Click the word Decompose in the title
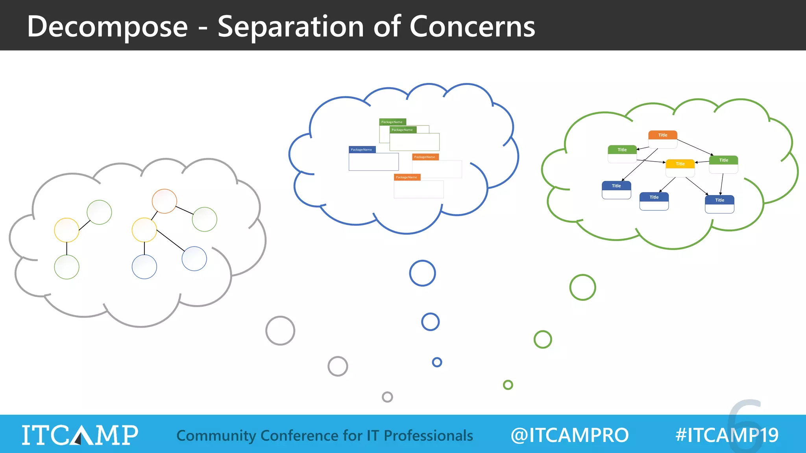[x=107, y=27]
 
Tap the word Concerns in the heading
[x=472, y=27]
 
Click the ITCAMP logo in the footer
[x=80, y=435]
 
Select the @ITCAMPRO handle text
[x=569, y=435]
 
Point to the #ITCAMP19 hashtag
[x=727, y=435]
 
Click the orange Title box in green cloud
[x=663, y=139]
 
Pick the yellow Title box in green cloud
[x=680, y=168]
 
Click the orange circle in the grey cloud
[x=164, y=201]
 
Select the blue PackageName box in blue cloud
[x=373, y=158]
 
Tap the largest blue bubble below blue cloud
[x=422, y=273]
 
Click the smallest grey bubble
[x=387, y=397]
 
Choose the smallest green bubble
[x=508, y=385]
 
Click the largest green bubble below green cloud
[x=582, y=287]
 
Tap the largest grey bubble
[x=280, y=331]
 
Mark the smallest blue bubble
[x=437, y=362]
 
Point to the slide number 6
[x=745, y=425]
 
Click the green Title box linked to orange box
[x=622, y=154]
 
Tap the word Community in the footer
[x=216, y=436]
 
